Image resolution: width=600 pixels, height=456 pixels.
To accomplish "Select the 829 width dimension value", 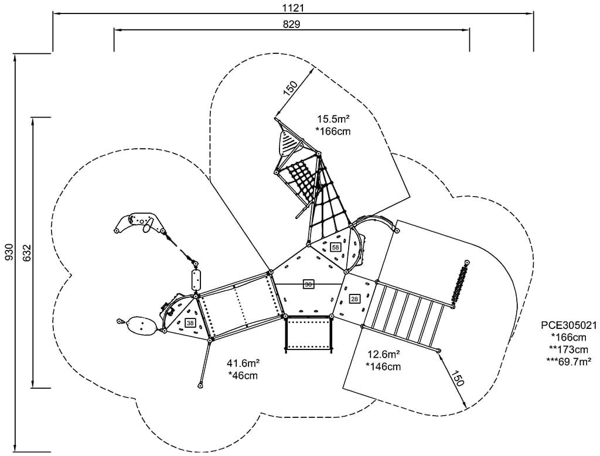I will [291, 24].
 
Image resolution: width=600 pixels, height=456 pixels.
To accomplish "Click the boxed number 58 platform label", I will [335, 248].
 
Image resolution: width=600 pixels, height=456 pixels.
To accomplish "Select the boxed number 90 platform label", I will [308, 284].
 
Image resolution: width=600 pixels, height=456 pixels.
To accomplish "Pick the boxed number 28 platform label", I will [354, 299].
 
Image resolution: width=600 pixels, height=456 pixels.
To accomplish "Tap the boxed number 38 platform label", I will [190, 323].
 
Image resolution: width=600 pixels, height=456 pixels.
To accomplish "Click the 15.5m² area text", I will [333, 119].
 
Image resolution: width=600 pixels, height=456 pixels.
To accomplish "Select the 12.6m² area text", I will [384, 354].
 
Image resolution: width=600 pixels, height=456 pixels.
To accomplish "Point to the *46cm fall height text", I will [244, 375].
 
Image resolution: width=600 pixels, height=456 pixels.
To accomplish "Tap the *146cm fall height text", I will [384, 366].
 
